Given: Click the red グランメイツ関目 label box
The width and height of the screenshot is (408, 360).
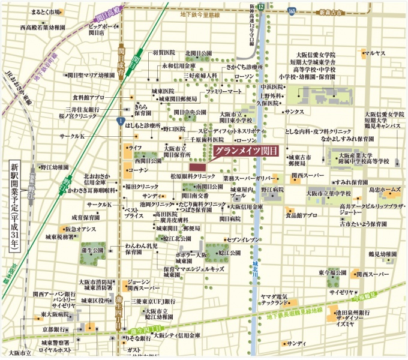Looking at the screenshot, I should pyautogui.click(x=242, y=151).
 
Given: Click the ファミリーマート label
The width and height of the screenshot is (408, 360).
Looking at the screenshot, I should pyautogui.click(x=224, y=91).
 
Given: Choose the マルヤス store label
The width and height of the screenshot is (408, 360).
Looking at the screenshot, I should pyautogui.click(x=376, y=53).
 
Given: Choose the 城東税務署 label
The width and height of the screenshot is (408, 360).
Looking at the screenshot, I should pyautogui.click(x=59, y=238).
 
